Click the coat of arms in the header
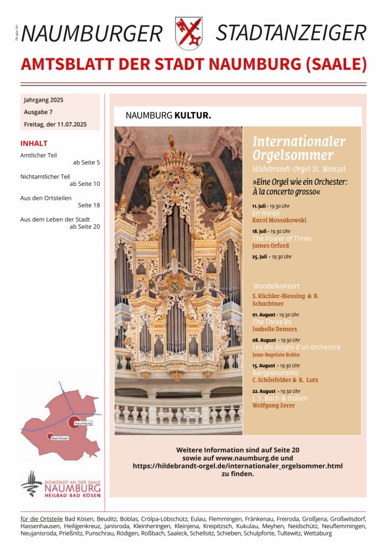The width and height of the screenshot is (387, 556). tap(189, 32)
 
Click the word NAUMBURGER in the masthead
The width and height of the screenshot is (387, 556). tap(92, 33)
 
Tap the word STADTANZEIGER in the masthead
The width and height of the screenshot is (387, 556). tap(291, 33)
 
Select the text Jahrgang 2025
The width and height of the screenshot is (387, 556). tap(43, 100)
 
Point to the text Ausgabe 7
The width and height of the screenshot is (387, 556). tap(38, 112)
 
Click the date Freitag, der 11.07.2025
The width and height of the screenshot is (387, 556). tap(55, 125)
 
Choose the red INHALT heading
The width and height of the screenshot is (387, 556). tap(34, 143)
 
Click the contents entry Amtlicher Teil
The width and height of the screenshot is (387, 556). tap(38, 155)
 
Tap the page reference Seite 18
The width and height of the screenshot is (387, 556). tap(89, 205)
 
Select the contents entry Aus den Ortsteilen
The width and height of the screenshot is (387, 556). tap(46, 198)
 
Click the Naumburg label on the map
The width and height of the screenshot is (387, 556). tap(83, 423)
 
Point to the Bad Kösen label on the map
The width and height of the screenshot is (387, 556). tap(59, 438)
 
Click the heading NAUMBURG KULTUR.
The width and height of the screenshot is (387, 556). tap(168, 115)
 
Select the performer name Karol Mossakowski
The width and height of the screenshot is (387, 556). tap(279, 220)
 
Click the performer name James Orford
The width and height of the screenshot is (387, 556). tap(271, 245)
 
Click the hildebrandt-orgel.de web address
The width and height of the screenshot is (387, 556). tap(237, 465)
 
